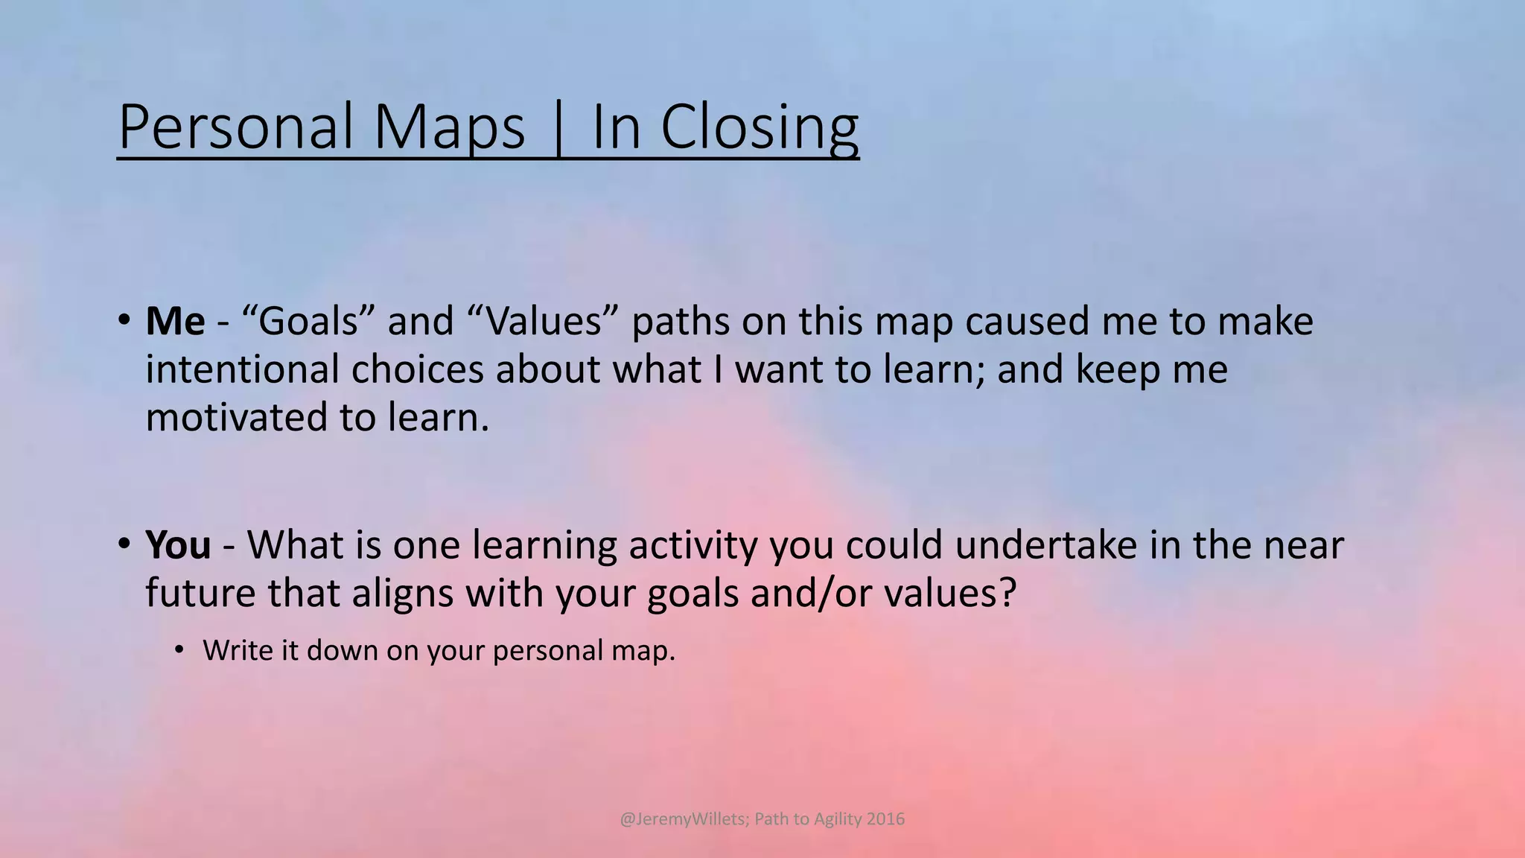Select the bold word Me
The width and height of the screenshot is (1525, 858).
click(x=175, y=322)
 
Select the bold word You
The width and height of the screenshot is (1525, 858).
click(x=178, y=545)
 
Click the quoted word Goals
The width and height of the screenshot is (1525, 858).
click(x=308, y=322)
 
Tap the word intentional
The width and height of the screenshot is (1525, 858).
click(x=242, y=369)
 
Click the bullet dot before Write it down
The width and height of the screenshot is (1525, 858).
click(x=179, y=650)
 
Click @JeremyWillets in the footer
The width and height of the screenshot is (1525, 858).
click(x=682, y=819)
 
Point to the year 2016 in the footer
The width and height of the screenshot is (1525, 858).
click(x=886, y=819)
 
